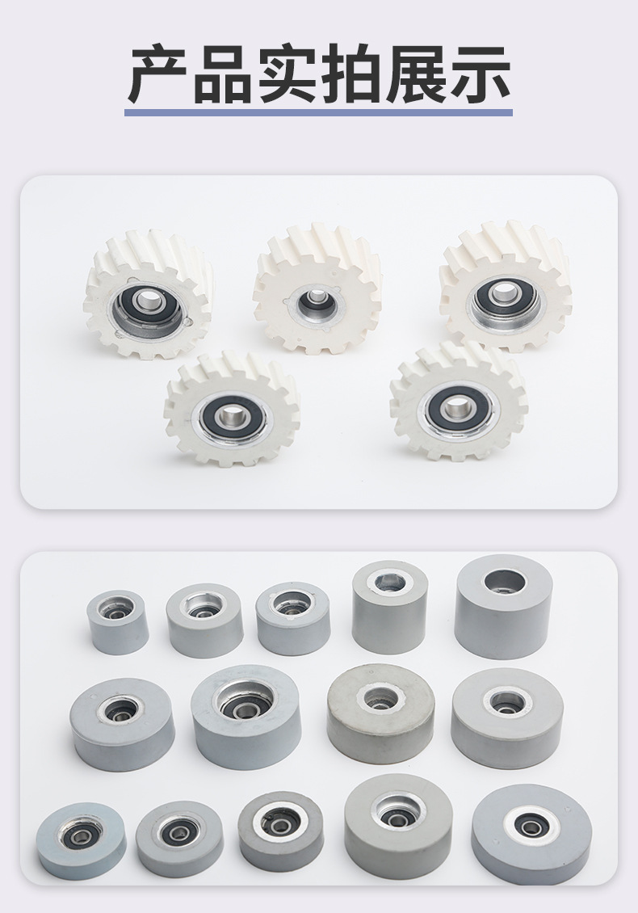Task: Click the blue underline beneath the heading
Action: click(318, 111)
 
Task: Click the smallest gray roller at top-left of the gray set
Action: click(117, 622)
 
